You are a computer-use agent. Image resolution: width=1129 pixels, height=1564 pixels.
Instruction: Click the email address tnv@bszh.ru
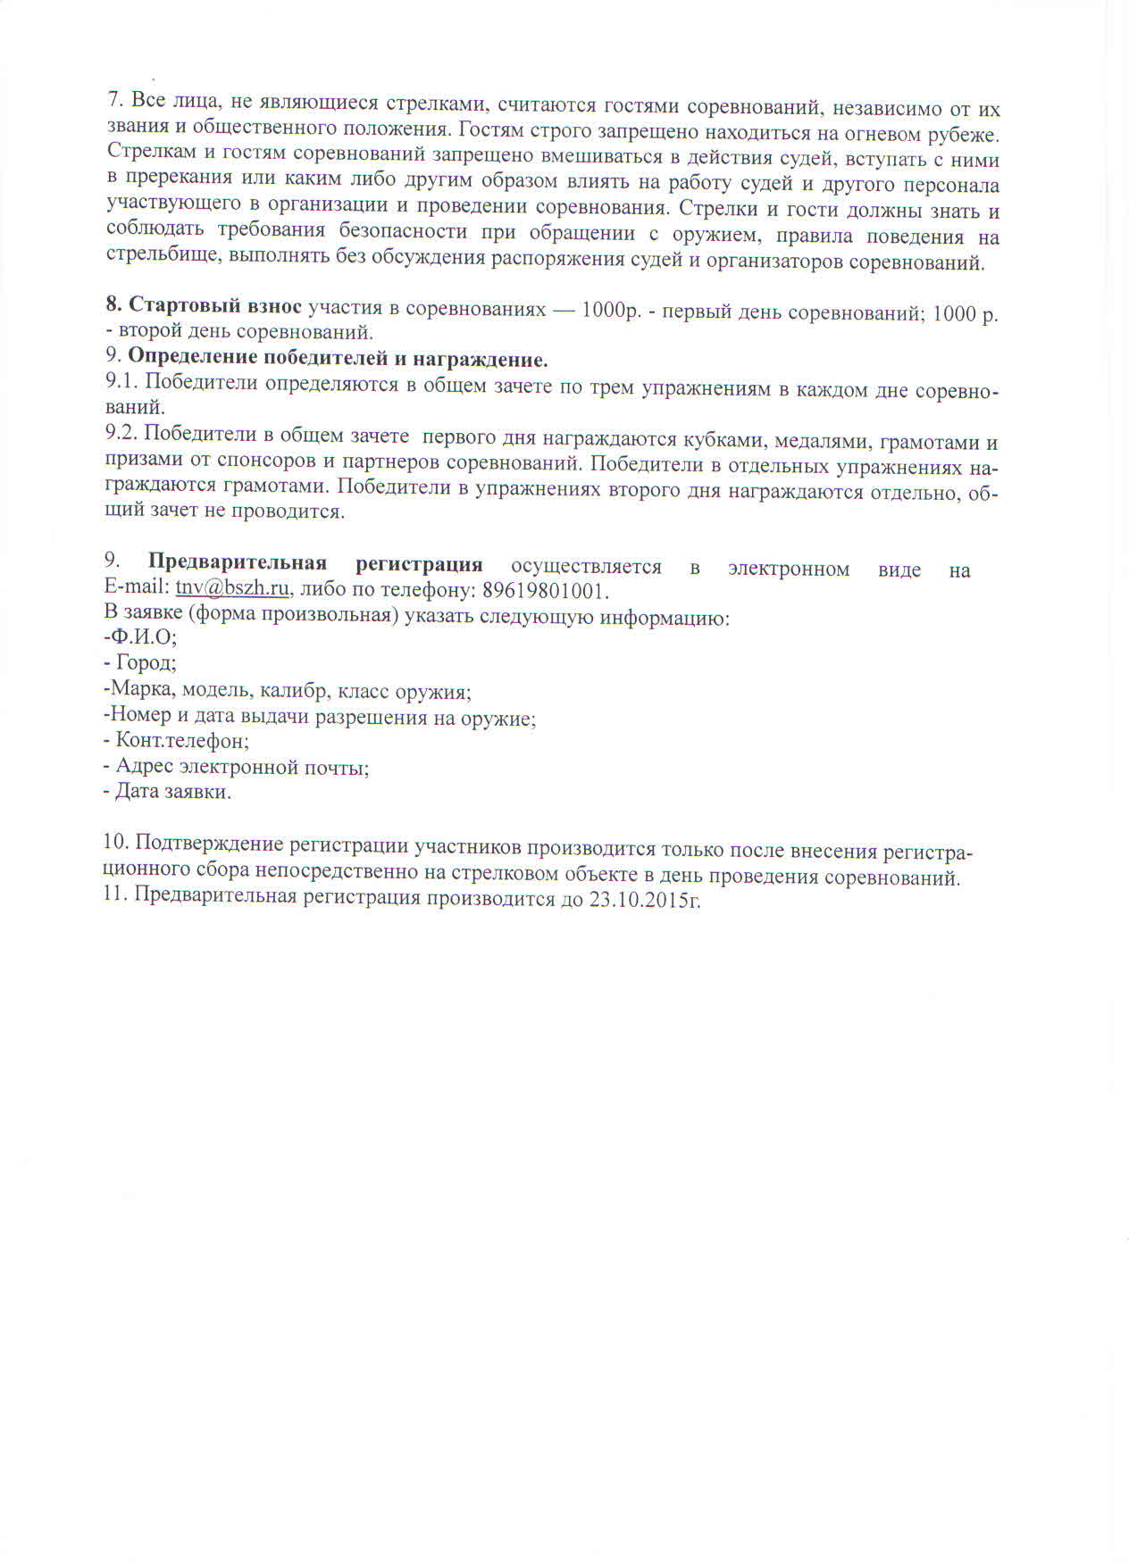coord(232,591)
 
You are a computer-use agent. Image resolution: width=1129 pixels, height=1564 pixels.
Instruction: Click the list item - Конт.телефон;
coord(177,741)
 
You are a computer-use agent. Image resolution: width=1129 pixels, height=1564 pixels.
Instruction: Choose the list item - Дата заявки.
coord(168,792)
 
